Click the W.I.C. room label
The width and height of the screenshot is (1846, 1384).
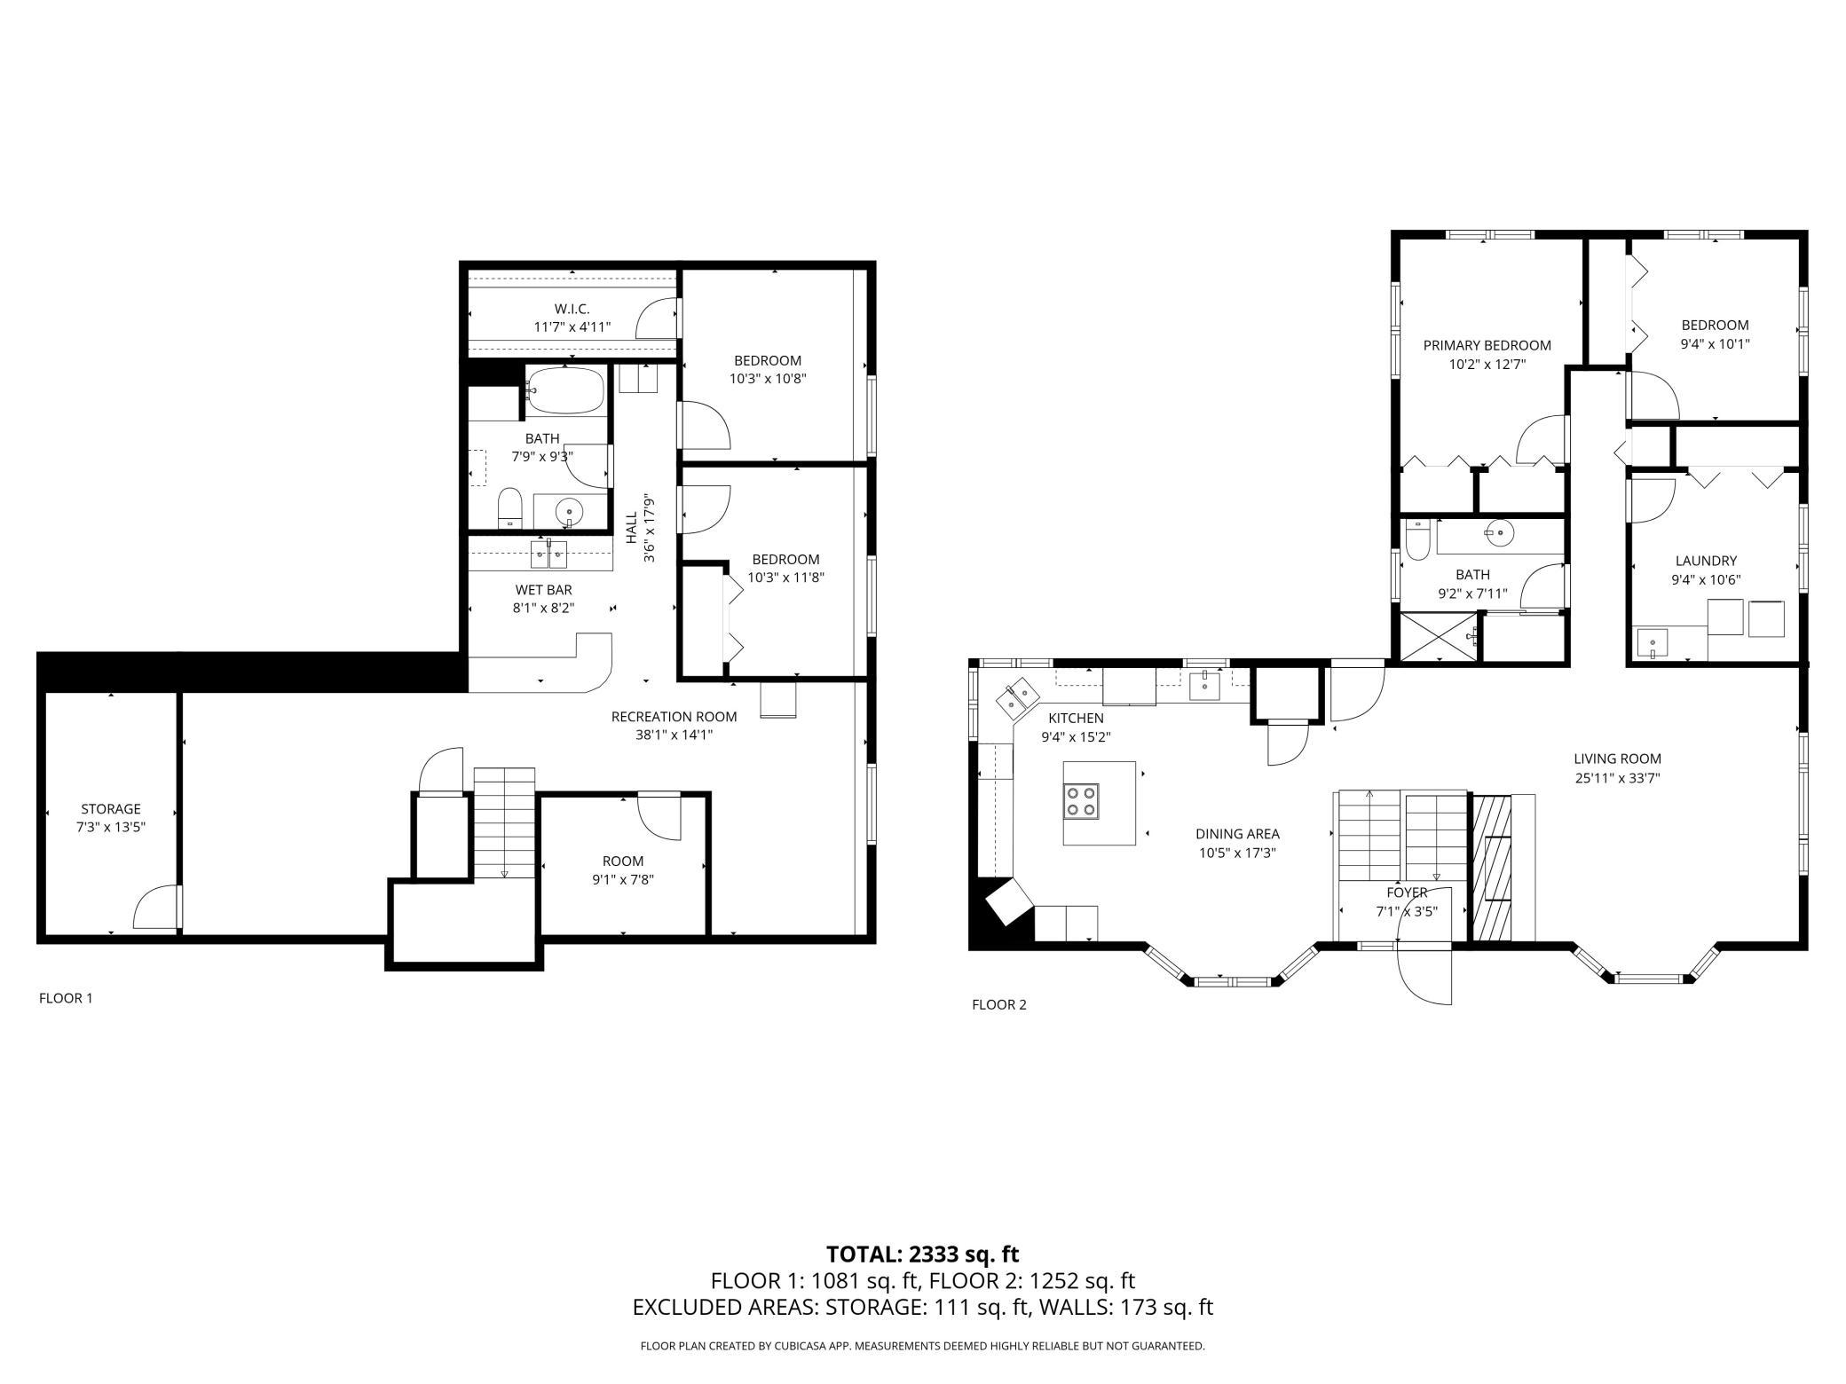pos(572,309)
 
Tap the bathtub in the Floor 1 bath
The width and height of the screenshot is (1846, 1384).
pos(565,389)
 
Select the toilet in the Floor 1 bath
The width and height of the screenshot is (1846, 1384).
pos(509,508)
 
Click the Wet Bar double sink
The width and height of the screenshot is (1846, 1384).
pos(548,554)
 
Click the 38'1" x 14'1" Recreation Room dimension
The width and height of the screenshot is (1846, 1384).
pos(674,735)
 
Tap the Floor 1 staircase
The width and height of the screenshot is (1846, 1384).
pos(504,822)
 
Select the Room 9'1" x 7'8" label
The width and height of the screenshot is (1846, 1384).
pos(623,861)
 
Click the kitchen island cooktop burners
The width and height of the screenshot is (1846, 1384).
pos(1082,801)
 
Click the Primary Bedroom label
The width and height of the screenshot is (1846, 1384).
pos(1487,345)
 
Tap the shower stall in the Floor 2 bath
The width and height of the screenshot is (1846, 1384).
pos(1439,635)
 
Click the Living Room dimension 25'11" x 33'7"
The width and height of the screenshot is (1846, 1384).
pos(1617,778)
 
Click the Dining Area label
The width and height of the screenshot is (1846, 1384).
pos(1237,834)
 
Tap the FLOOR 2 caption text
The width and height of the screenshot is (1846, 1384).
pos(998,1004)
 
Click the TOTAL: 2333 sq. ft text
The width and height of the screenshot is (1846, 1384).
pos(922,1254)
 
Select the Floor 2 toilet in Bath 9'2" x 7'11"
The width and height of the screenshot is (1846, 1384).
pos(1417,540)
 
